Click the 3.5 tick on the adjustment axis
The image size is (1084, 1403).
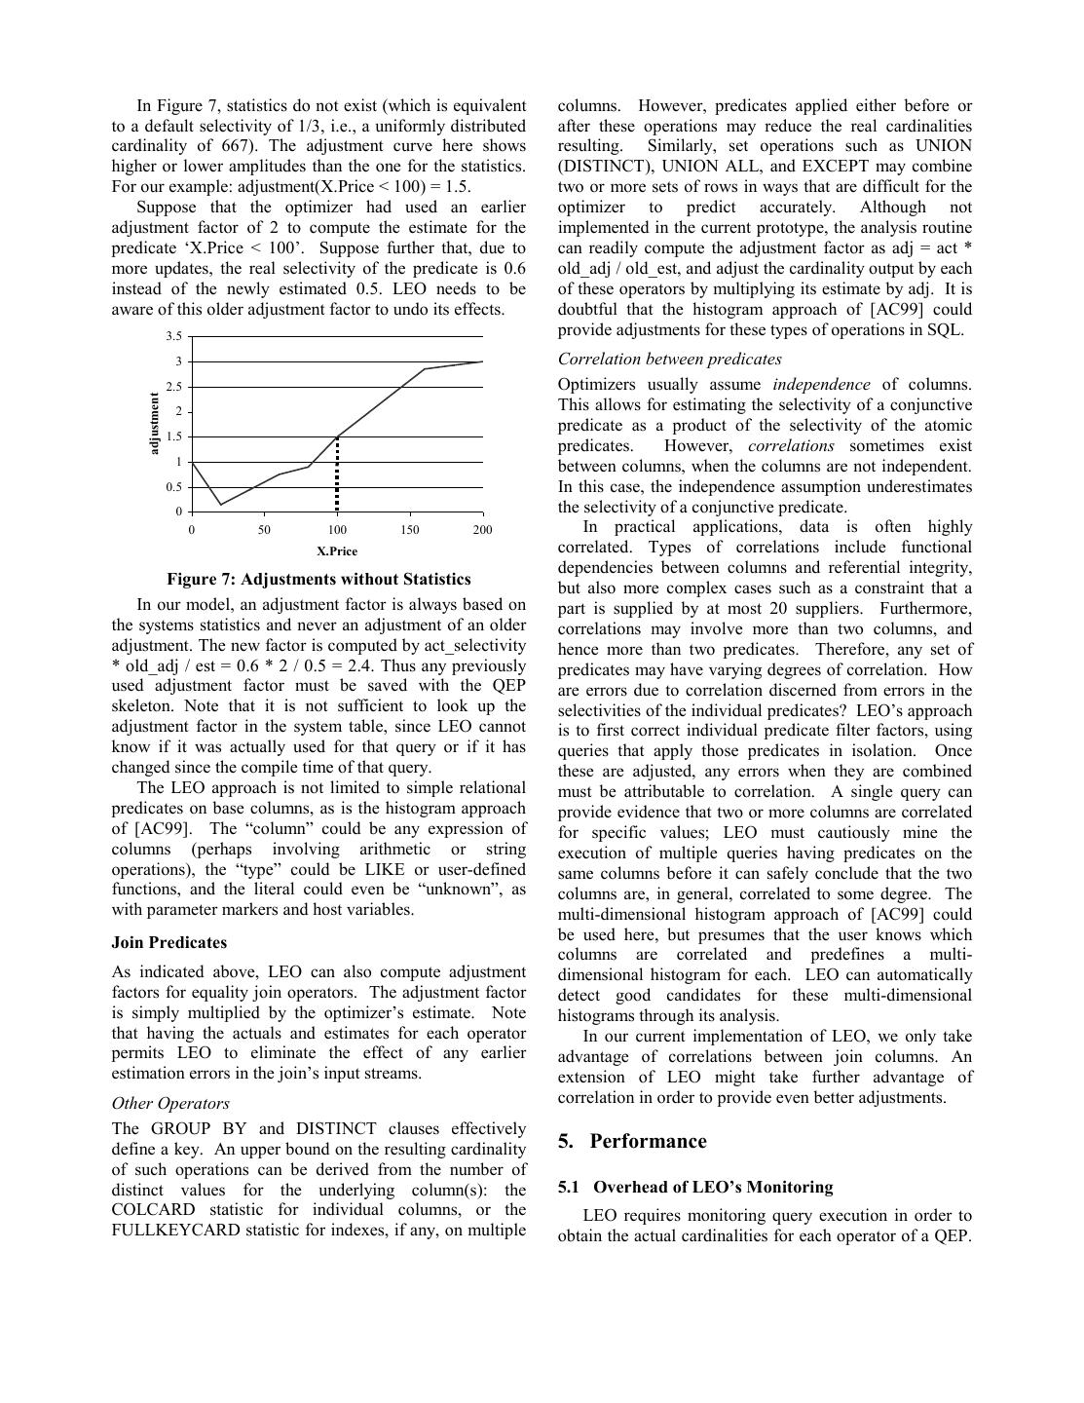pos(173,336)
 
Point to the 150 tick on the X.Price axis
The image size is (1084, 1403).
pos(409,530)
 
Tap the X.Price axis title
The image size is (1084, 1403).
pos(336,551)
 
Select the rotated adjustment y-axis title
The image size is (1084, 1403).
pos(154,424)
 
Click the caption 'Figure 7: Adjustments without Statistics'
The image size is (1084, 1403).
pos(318,580)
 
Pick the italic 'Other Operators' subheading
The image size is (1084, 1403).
pos(170,1104)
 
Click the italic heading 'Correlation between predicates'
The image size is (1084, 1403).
pos(670,360)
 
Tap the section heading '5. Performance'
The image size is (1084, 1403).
pos(632,1142)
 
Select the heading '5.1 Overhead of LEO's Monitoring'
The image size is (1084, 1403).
pos(695,1188)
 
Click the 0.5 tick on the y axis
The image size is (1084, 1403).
pos(173,487)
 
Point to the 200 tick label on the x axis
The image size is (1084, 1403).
pos(482,530)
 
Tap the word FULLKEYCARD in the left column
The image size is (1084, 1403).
pos(176,1231)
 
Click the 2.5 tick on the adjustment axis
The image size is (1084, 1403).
pos(173,387)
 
